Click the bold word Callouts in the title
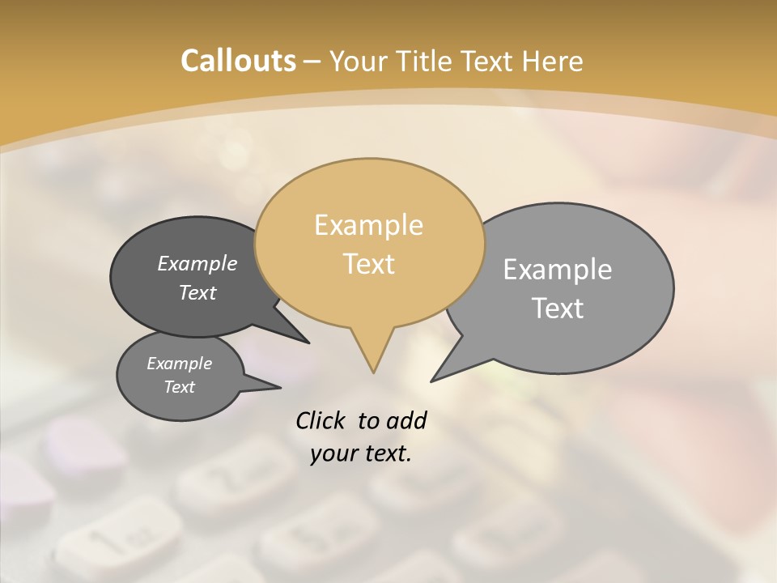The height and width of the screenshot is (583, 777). tap(238, 62)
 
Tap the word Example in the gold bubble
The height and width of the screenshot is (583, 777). tap(369, 225)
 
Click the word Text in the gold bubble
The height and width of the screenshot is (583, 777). tap(369, 264)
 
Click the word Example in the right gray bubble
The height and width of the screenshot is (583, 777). tap(558, 270)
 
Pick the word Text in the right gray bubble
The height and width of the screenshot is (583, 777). tap(558, 309)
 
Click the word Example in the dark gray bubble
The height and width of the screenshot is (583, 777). tap(197, 263)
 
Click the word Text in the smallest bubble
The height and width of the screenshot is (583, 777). tap(180, 387)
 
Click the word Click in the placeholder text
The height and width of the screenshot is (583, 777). tap(321, 421)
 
